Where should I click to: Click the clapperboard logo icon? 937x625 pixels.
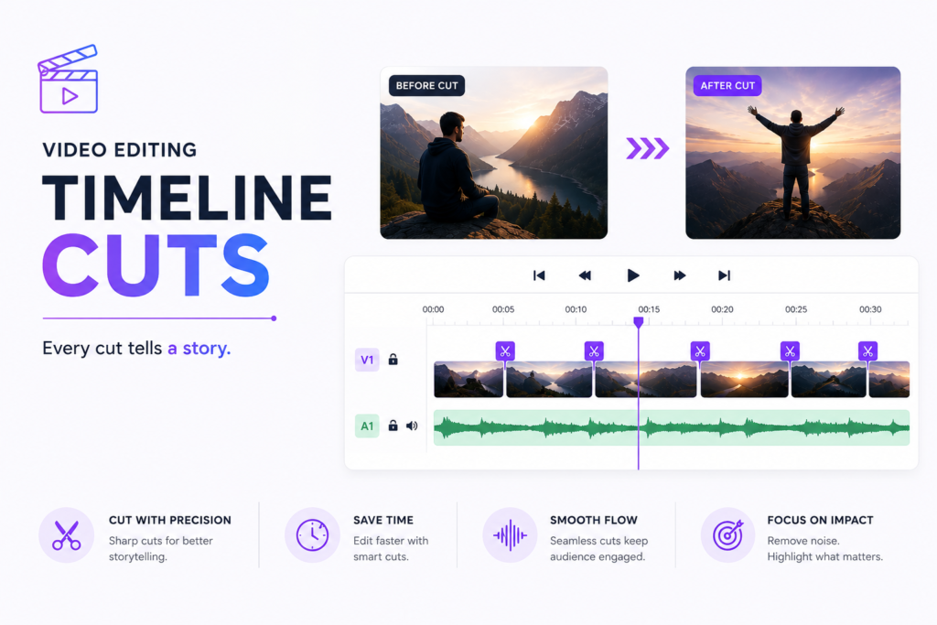pos(68,79)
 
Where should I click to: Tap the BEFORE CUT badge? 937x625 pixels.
pos(426,85)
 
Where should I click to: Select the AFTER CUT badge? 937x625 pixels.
pos(727,85)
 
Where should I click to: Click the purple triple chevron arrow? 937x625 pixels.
pos(647,148)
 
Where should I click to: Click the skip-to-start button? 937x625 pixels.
pos(539,275)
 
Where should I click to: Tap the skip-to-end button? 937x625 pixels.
pos(725,275)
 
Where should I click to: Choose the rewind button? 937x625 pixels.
pos(585,275)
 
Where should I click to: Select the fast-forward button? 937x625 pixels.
pos(680,275)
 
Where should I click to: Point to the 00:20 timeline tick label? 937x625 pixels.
pos(722,309)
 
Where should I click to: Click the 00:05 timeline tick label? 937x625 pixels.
pos(503,309)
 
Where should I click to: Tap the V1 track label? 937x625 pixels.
pos(367,360)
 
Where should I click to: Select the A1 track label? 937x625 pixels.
pos(367,426)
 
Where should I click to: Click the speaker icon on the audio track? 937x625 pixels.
pos(412,426)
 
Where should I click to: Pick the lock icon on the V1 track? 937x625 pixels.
pos(393,359)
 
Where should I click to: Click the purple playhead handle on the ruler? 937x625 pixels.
pos(638,323)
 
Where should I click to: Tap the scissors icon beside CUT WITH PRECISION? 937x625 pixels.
pos(66,535)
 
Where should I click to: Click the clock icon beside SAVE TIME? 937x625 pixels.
pos(313,535)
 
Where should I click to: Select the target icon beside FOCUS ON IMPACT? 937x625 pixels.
pos(727,535)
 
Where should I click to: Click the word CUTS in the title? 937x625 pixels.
pos(156,264)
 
